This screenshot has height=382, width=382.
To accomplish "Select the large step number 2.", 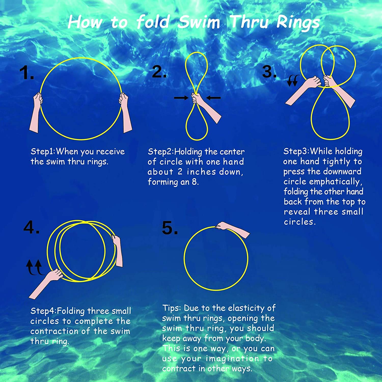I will click(x=159, y=72).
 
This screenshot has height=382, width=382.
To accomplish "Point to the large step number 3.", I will click(x=269, y=72).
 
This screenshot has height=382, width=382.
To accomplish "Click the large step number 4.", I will click(x=31, y=227).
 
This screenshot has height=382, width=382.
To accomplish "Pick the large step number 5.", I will click(x=170, y=228).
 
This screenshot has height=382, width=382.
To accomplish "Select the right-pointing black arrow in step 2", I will click(x=181, y=98).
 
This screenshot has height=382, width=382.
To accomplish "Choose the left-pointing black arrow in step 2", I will click(x=213, y=98).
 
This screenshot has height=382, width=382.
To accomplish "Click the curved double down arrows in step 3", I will click(x=293, y=81).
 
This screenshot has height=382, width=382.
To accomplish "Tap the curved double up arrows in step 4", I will click(x=34, y=267).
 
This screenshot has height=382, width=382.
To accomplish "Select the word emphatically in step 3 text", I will click(x=334, y=182).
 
